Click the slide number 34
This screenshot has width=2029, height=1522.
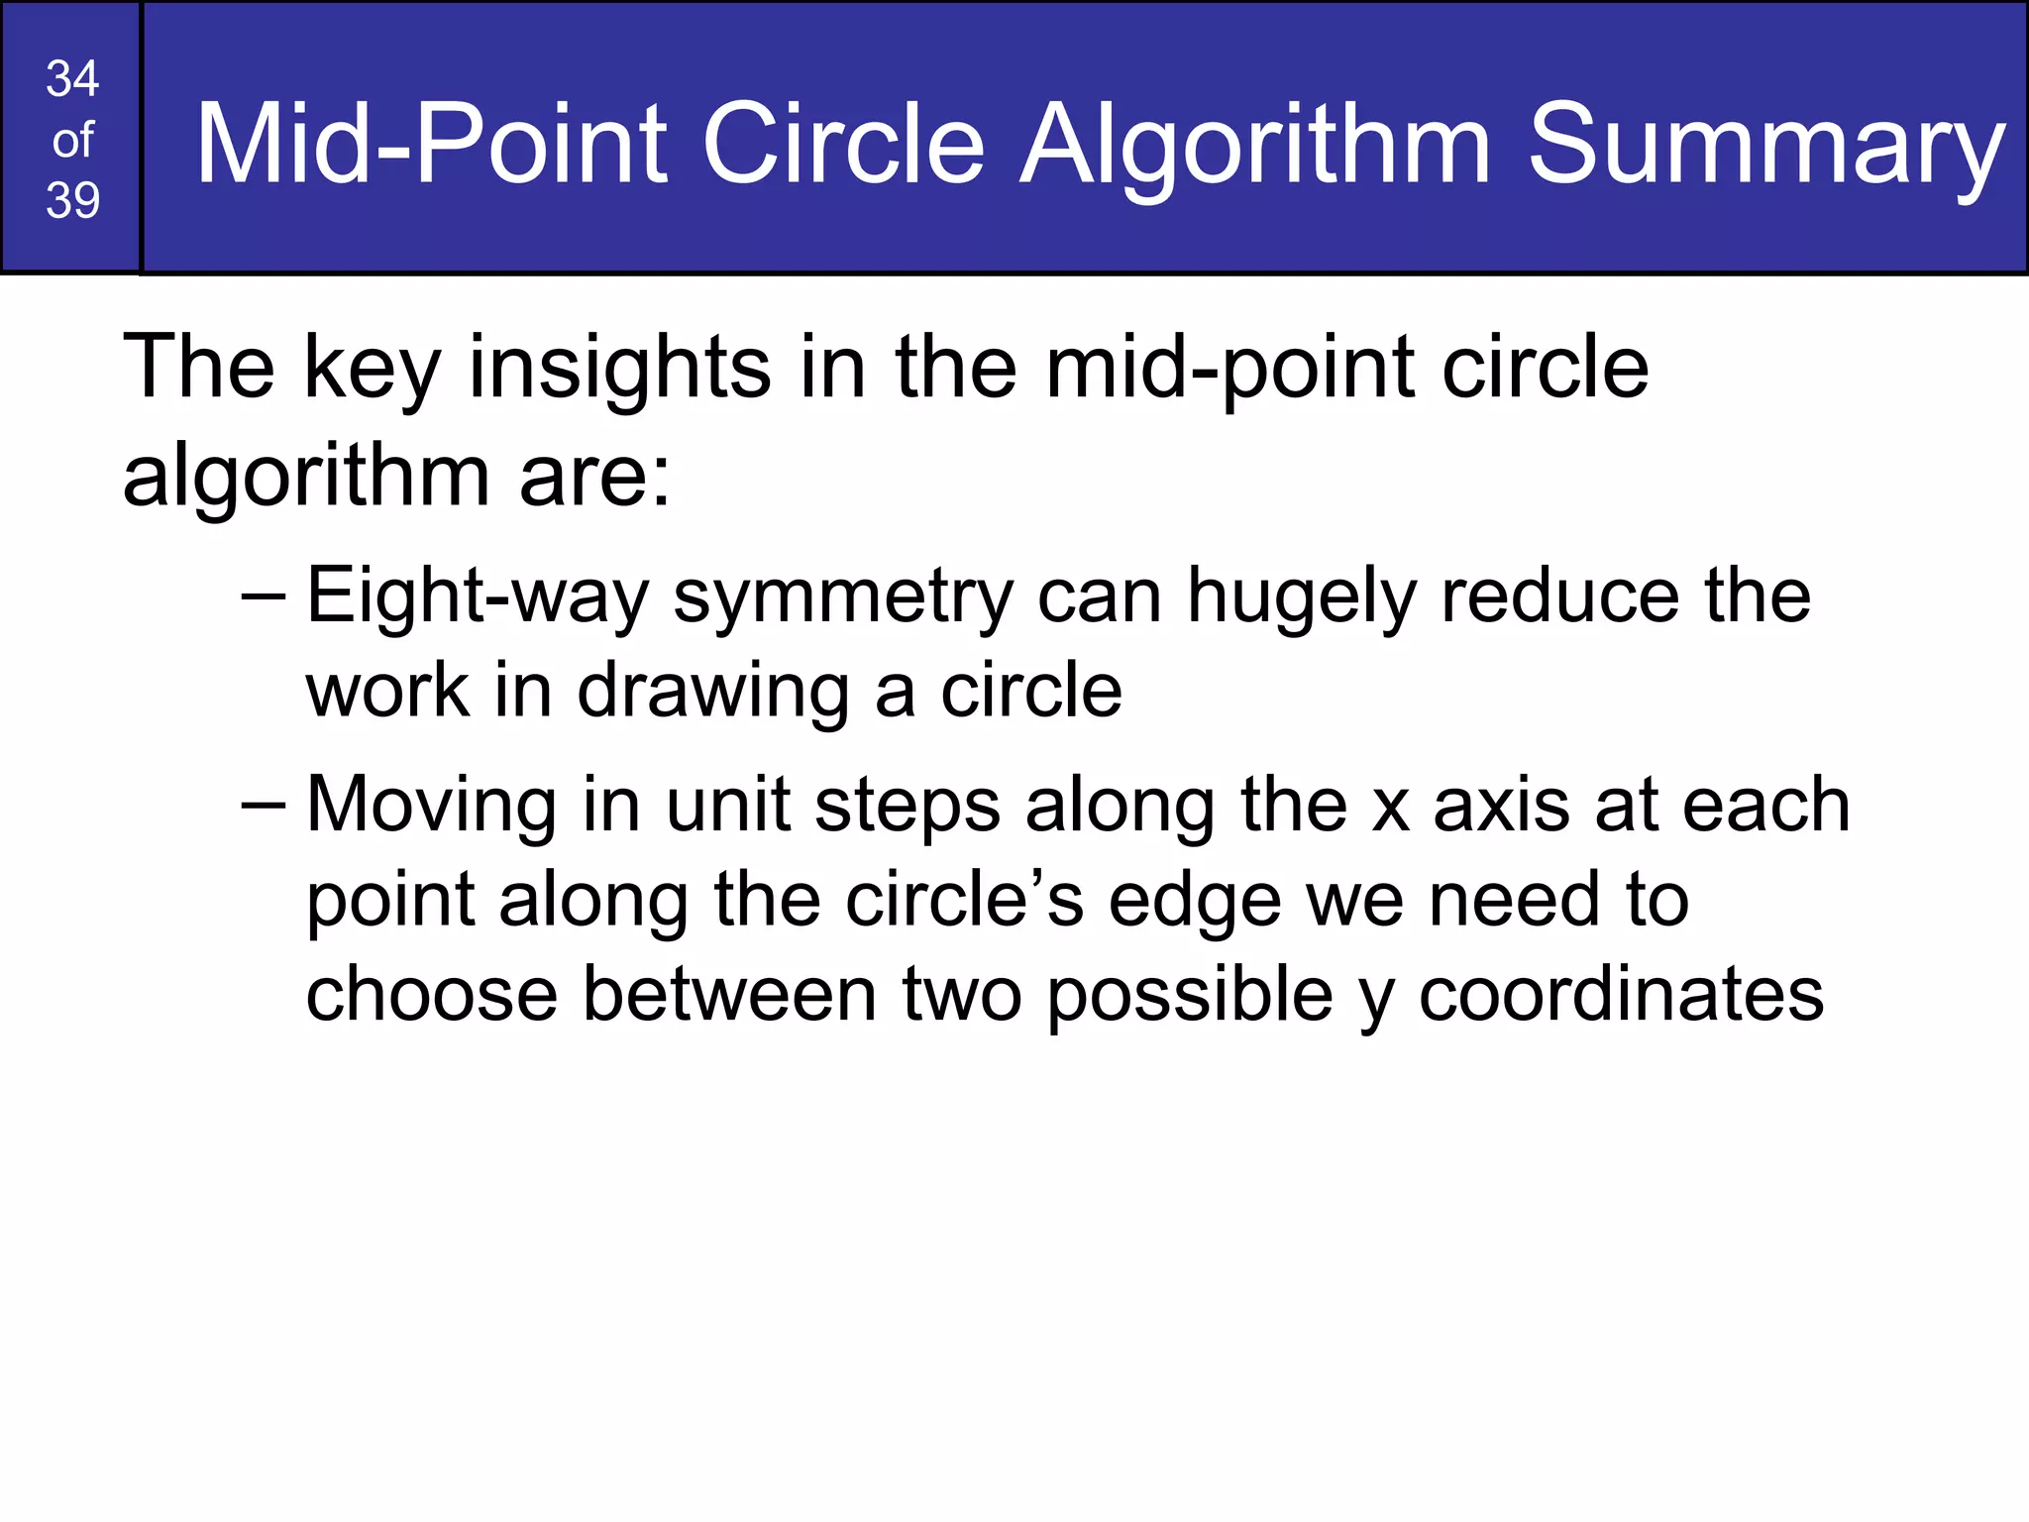(x=72, y=79)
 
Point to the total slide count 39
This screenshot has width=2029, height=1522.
(x=72, y=200)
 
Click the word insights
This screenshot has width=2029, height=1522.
(x=619, y=369)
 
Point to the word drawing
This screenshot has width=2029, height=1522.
(x=712, y=692)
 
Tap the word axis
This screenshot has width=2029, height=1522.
(x=1502, y=805)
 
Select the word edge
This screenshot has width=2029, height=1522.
(x=1195, y=903)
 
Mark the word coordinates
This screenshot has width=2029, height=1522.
(x=1621, y=995)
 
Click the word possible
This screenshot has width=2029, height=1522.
(x=1190, y=995)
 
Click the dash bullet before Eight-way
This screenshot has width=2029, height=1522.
(x=263, y=598)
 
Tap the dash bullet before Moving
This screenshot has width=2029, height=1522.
(x=263, y=806)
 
